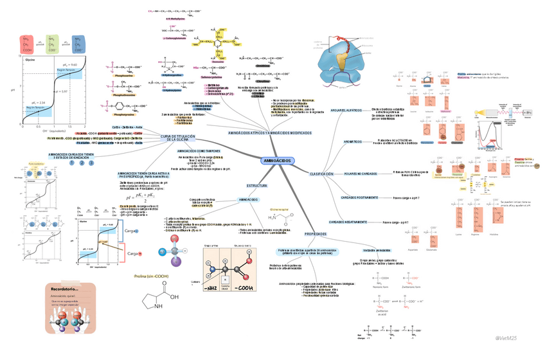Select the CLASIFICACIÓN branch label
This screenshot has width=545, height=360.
click(321, 174)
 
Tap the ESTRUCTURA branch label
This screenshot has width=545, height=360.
click(256, 185)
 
